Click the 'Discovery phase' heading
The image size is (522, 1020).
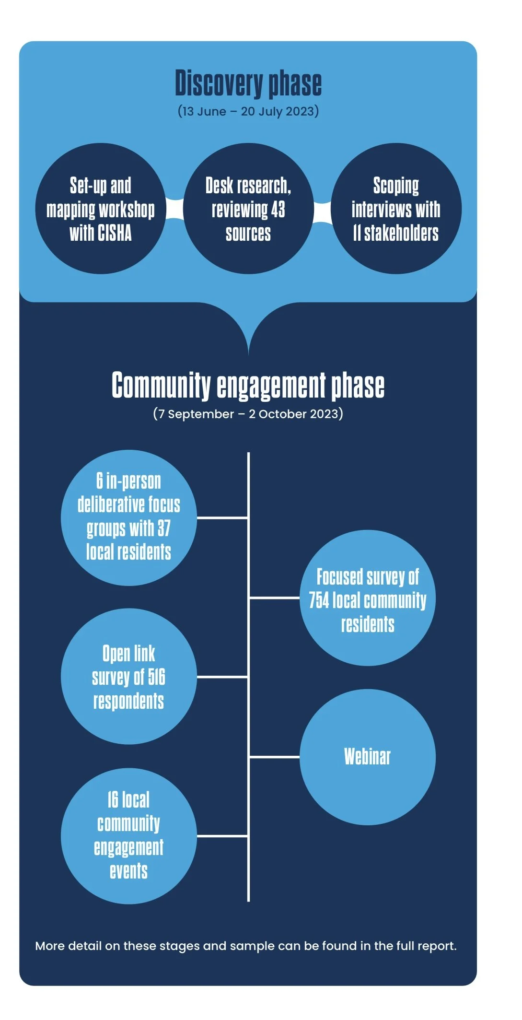tap(248, 83)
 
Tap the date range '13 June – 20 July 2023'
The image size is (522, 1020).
tap(248, 111)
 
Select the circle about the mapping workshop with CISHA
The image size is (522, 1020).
tap(101, 209)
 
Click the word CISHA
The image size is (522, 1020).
tap(115, 234)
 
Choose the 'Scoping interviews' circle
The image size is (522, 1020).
tap(396, 209)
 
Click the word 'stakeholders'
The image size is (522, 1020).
tap(401, 234)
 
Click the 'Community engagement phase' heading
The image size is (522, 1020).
tap(248, 386)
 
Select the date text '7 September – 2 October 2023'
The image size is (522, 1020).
tap(248, 414)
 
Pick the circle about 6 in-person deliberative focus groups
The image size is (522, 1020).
tap(129, 518)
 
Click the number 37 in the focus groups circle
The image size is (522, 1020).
tap(164, 528)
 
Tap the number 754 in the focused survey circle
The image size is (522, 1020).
tap(319, 600)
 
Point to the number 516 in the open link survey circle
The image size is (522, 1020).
tap(157, 677)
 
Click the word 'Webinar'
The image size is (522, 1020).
tap(368, 757)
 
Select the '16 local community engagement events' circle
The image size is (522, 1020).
tap(129, 836)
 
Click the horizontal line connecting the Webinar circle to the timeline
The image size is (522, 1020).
tap(274, 757)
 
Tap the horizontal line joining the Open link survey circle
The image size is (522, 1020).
tap(222, 677)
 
